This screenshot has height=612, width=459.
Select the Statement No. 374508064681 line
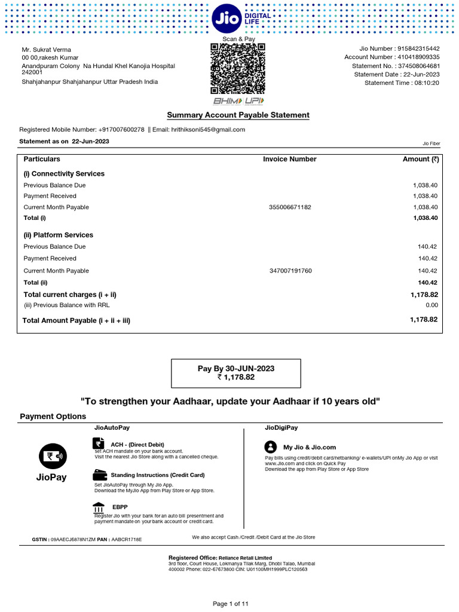pyautogui.click(x=391, y=66)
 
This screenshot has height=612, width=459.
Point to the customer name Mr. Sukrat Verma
pyautogui.click(x=47, y=49)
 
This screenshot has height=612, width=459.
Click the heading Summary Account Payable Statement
pyautogui.click(x=238, y=115)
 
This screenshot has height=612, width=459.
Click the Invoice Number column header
pyautogui.click(x=289, y=160)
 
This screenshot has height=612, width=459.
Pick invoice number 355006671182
pyautogui.click(x=290, y=207)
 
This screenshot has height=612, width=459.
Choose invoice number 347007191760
pyautogui.click(x=290, y=271)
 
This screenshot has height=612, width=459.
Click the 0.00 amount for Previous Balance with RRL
pyautogui.click(x=430, y=305)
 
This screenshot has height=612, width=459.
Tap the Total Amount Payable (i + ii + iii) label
pyautogui.click(x=76, y=321)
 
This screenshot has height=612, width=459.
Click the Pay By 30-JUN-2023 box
pyautogui.click(x=236, y=373)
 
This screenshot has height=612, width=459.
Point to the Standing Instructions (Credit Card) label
pyautogui.click(x=157, y=475)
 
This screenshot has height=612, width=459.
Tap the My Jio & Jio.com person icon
pyautogui.click(x=271, y=446)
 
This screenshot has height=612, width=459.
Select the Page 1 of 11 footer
pyautogui.click(x=231, y=604)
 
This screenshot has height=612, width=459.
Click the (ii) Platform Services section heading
pyautogui.click(x=59, y=235)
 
